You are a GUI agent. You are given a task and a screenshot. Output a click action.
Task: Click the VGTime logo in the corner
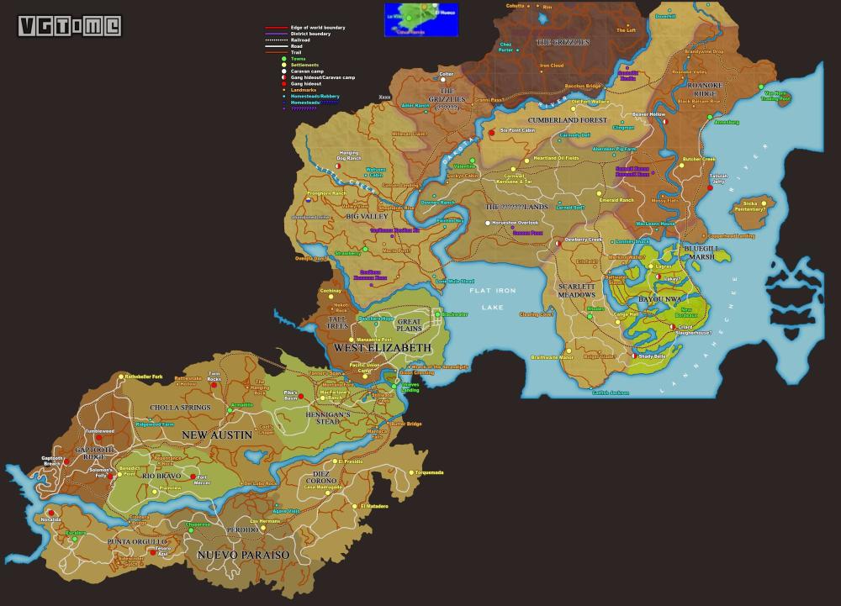click(x=70, y=26)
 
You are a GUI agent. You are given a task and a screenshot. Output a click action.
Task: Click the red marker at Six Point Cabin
click(x=492, y=132)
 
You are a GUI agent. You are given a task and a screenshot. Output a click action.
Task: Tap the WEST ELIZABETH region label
click(x=383, y=347)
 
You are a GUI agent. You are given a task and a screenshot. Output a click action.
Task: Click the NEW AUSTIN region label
click(x=217, y=435)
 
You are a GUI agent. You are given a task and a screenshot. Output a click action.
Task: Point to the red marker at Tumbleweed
click(x=98, y=438)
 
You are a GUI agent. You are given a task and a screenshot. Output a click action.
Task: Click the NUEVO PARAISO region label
click(x=243, y=555)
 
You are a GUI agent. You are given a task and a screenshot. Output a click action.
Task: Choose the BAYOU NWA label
click(x=659, y=298)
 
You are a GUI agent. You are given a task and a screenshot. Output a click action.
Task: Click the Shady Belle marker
click(x=634, y=356)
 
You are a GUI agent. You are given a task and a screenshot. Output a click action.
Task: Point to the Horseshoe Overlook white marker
click(x=487, y=223)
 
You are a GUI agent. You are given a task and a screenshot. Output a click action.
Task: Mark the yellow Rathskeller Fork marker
click(x=120, y=377)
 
